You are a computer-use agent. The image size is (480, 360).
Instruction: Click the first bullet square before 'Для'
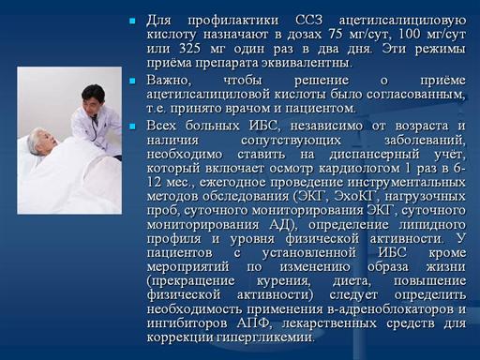(x=132, y=22)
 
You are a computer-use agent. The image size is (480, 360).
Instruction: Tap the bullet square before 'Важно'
(x=132, y=81)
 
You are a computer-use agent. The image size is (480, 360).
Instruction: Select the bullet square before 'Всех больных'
(x=132, y=127)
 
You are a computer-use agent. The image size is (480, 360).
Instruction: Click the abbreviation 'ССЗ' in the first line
(x=308, y=21)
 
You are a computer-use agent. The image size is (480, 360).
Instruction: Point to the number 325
(x=190, y=49)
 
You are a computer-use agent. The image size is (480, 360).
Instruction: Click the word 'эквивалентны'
(x=305, y=63)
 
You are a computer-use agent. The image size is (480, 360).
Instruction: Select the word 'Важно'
(x=168, y=81)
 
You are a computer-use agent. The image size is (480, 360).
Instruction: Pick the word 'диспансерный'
(x=374, y=155)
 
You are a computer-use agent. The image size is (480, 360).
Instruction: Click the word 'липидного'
(x=432, y=225)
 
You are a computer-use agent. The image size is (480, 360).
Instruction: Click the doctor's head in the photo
(x=93, y=99)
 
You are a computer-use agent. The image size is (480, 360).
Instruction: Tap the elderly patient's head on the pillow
(x=42, y=142)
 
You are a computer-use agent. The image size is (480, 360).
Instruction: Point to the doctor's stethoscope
(x=94, y=128)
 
